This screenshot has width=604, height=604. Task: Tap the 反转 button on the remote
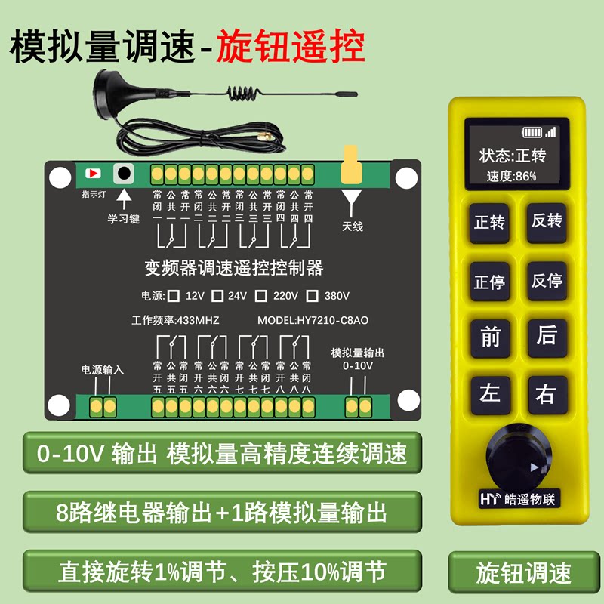pos(547,222)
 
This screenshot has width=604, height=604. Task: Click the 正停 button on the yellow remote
pos(488,282)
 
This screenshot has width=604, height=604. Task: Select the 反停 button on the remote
pos(547,281)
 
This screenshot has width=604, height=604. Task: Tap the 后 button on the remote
pos(547,337)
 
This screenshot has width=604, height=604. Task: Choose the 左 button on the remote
pos(489,393)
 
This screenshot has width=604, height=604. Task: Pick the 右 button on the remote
pos(547,393)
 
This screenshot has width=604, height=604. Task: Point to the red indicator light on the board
pos(94,173)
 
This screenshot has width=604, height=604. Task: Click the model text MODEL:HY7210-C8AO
pos(313,320)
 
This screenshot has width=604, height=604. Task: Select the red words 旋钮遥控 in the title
pos(291,47)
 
